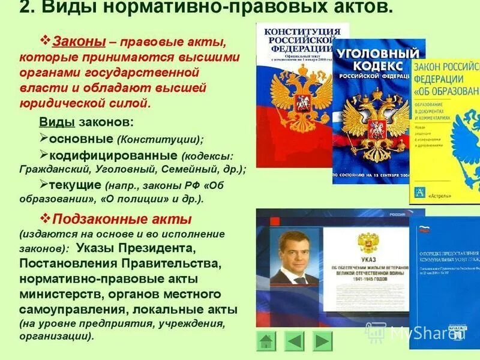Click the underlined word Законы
[80, 42]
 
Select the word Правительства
[169, 263]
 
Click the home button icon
[266, 341]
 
